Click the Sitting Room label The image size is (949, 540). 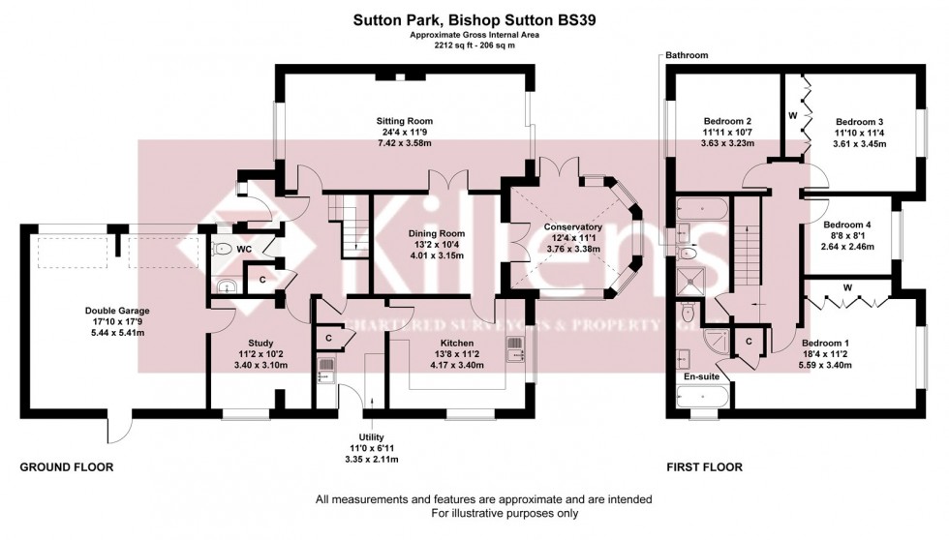pos(403,122)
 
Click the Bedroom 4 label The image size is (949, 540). pos(847,225)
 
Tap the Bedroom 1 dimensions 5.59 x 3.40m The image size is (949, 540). pos(825,366)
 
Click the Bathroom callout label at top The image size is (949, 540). pos(686,56)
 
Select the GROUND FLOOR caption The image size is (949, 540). pos(67,466)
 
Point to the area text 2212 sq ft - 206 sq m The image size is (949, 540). pos(474,45)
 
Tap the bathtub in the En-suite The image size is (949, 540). pos(699,398)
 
